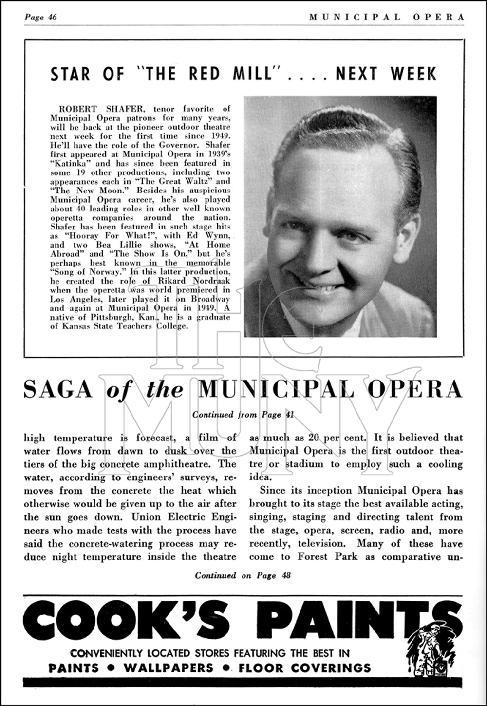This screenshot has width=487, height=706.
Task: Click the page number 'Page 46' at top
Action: (41, 18)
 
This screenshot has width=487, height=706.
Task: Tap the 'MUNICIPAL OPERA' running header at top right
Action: (387, 18)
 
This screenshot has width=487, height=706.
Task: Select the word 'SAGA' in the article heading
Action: (59, 389)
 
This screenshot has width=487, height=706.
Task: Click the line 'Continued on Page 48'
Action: (243, 575)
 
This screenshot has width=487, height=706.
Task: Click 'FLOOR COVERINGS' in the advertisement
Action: (304, 668)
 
